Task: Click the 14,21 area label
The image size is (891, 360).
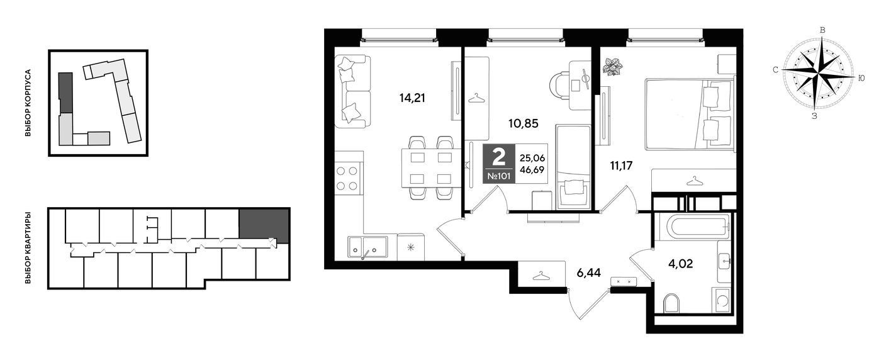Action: pos(412,98)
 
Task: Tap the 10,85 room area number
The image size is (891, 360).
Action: pos(524,123)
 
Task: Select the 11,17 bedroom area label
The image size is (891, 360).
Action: pos(621,166)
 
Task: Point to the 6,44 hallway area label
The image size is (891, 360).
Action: pos(589,273)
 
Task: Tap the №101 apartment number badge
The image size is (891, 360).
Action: pos(499,176)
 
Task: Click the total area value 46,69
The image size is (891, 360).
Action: pos(532,170)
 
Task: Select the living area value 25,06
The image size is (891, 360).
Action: pos(532,158)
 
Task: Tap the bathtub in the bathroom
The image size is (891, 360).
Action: pos(693,227)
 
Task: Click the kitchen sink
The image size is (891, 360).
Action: pos(367,247)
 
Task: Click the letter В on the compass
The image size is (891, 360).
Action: pos(822,30)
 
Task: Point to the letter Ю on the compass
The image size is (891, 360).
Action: pos(861,79)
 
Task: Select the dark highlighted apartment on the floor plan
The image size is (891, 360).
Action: pos(264,225)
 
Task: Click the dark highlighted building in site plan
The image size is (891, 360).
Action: pos(65,93)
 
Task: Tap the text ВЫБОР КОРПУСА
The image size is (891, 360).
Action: pos(28,103)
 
